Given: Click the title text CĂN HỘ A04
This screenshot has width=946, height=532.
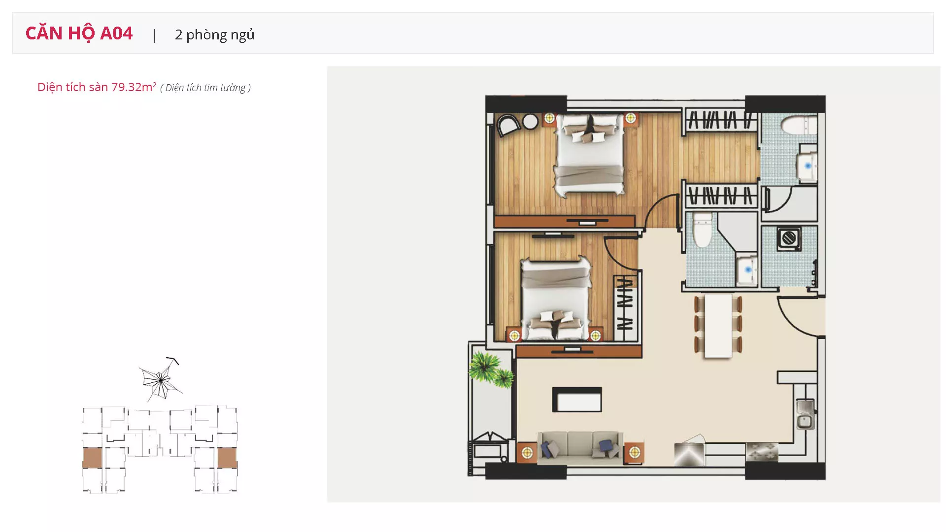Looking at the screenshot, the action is click(79, 33).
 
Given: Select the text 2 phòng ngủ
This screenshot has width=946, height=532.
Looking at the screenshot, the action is click(215, 34).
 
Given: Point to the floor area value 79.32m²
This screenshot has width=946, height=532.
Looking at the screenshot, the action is click(134, 87).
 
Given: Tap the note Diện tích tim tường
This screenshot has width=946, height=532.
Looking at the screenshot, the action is click(205, 88).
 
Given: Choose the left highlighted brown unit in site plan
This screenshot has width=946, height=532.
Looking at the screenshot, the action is click(92, 458).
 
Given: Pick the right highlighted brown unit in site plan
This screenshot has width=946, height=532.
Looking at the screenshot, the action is click(227, 458).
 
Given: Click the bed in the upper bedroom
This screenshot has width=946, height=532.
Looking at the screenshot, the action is click(590, 154).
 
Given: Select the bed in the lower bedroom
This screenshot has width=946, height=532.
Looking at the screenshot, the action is click(556, 299).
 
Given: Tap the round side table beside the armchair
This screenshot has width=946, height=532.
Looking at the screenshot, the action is click(530, 122).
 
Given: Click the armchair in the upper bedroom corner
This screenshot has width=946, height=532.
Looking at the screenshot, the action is click(508, 125).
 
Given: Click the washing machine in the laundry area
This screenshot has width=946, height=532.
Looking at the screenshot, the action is click(789, 238).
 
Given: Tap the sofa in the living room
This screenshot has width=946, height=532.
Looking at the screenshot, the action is click(580, 447).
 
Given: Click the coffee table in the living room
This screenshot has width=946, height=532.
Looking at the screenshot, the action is click(577, 399).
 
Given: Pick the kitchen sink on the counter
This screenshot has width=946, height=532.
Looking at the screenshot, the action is click(805, 414).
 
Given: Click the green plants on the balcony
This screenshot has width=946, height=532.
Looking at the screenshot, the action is click(491, 369).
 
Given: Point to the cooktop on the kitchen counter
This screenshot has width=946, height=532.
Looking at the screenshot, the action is click(762, 452).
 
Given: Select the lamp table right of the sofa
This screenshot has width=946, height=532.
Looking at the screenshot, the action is click(634, 452).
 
